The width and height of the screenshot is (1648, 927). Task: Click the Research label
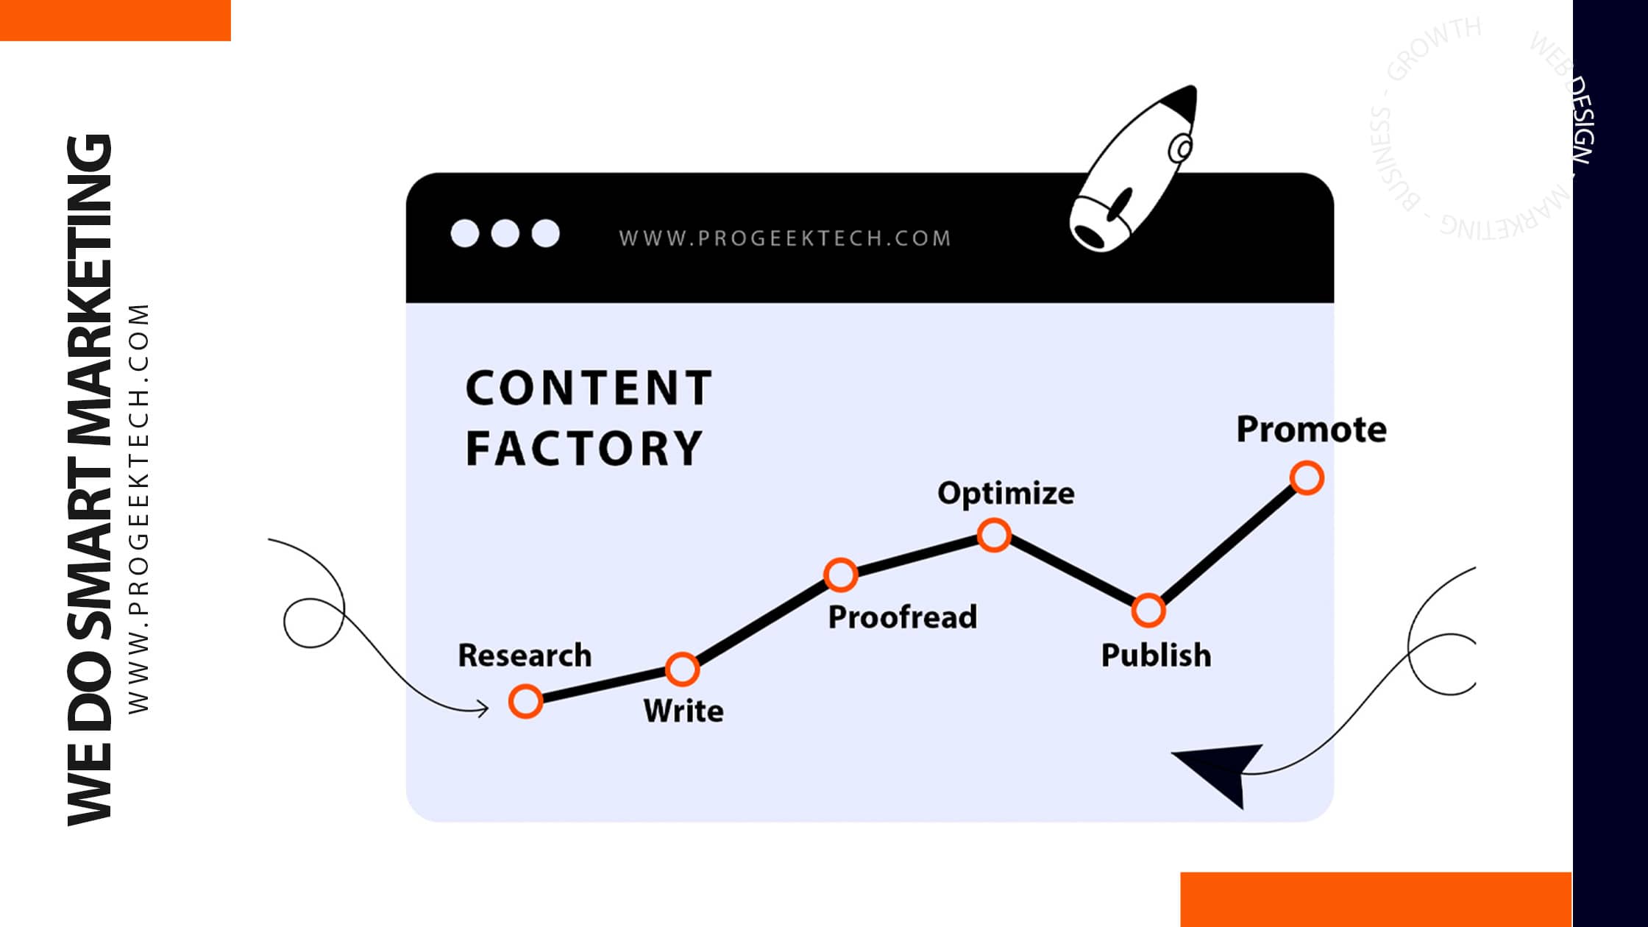(x=524, y=655)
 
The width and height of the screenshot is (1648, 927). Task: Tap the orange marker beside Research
(x=525, y=701)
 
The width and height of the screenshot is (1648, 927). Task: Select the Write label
(x=683, y=711)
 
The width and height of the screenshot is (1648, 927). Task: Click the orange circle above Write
(x=682, y=669)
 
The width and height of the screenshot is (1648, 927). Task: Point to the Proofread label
(x=903, y=617)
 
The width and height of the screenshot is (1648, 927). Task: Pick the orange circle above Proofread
(x=840, y=575)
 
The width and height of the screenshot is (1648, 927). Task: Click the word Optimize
(x=1006, y=493)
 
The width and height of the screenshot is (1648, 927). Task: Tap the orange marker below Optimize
(x=994, y=535)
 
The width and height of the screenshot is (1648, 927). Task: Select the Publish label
(x=1156, y=655)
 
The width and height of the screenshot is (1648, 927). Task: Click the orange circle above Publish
(x=1148, y=610)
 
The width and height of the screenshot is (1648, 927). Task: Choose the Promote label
(x=1311, y=430)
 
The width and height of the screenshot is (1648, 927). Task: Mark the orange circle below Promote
(x=1307, y=478)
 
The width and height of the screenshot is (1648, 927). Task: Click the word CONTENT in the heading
(x=589, y=388)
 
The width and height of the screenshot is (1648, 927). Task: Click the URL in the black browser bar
(x=785, y=238)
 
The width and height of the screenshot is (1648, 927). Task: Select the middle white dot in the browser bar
(x=505, y=233)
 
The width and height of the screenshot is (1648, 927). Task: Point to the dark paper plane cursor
(x=1221, y=772)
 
